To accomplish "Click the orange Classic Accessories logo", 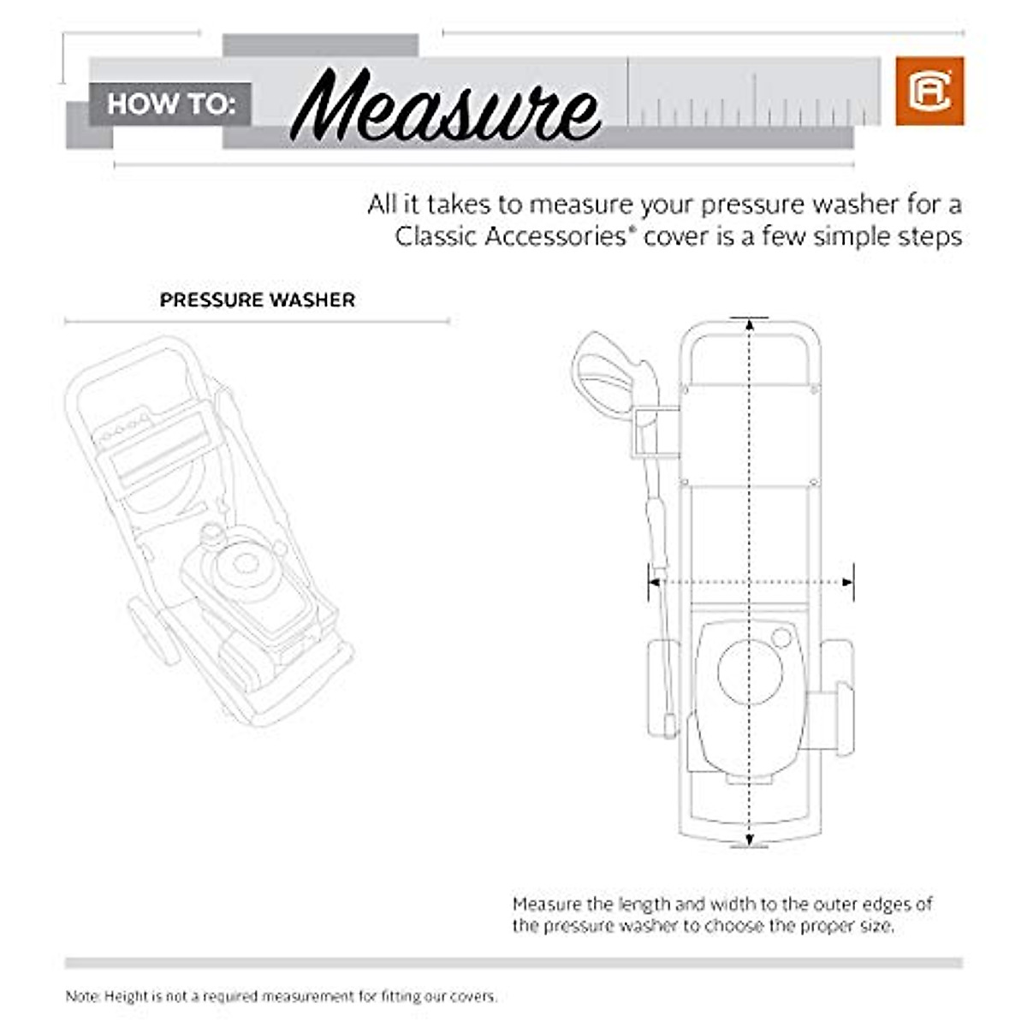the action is click(x=929, y=91).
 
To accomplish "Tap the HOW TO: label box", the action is click(x=170, y=104).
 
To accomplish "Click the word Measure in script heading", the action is click(x=445, y=108).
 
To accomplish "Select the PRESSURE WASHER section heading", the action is click(x=257, y=300).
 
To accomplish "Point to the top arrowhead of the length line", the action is click(x=750, y=324).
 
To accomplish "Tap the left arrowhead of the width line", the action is click(x=655, y=582).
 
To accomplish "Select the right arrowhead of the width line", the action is click(x=847, y=582).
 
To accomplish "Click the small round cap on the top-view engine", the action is click(x=781, y=638).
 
